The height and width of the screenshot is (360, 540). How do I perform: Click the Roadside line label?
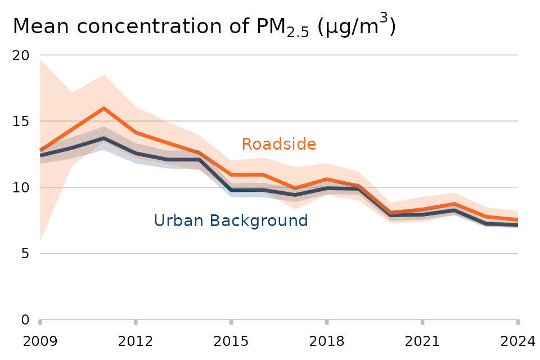[x=278, y=145]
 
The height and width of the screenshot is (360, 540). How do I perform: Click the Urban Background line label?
[x=231, y=220]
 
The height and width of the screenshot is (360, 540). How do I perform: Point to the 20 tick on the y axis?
[x=21, y=55]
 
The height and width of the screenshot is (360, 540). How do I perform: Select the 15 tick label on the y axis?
[x=21, y=121]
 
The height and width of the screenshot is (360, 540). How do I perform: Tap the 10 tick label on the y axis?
[x=21, y=187]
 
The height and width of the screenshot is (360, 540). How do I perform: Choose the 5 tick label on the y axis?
[x=24, y=254]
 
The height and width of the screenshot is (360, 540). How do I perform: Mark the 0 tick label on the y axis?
[x=24, y=319]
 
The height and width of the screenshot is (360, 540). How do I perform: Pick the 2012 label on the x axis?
[x=136, y=341]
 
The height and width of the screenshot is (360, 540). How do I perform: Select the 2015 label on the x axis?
[x=231, y=341]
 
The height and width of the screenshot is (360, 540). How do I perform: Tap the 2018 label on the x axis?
[x=327, y=341]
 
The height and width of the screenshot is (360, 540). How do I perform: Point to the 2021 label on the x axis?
[x=422, y=341]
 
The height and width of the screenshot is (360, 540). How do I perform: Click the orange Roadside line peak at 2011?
[x=104, y=108]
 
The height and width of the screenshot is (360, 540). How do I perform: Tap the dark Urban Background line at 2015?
[x=231, y=190]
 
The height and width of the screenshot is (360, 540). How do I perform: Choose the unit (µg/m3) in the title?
[x=357, y=26]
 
